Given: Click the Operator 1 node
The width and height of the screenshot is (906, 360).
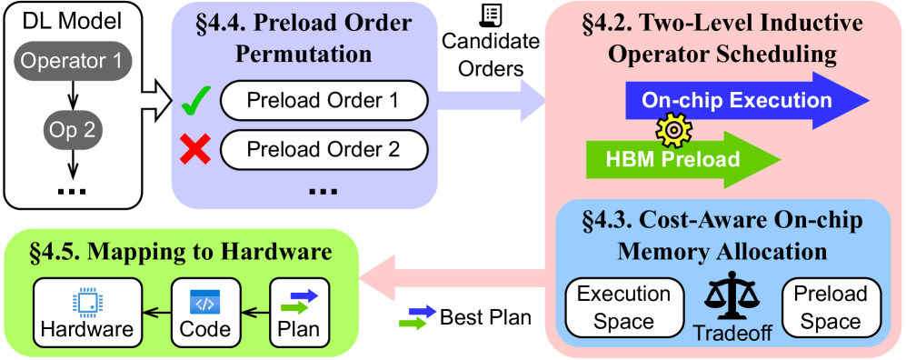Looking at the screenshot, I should (x=70, y=62).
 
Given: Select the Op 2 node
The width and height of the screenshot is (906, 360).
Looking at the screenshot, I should (x=70, y=130).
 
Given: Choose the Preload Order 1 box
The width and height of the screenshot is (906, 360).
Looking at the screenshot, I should (x=323, y=101).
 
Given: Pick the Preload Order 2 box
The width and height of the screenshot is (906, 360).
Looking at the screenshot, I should (x=323, y=148).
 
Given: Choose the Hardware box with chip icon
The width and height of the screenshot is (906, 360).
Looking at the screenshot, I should (x=87, y=314).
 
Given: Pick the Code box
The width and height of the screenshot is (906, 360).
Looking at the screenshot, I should (x=205, y=314).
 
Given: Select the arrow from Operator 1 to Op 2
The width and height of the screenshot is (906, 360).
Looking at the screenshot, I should (x=70, y=95).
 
